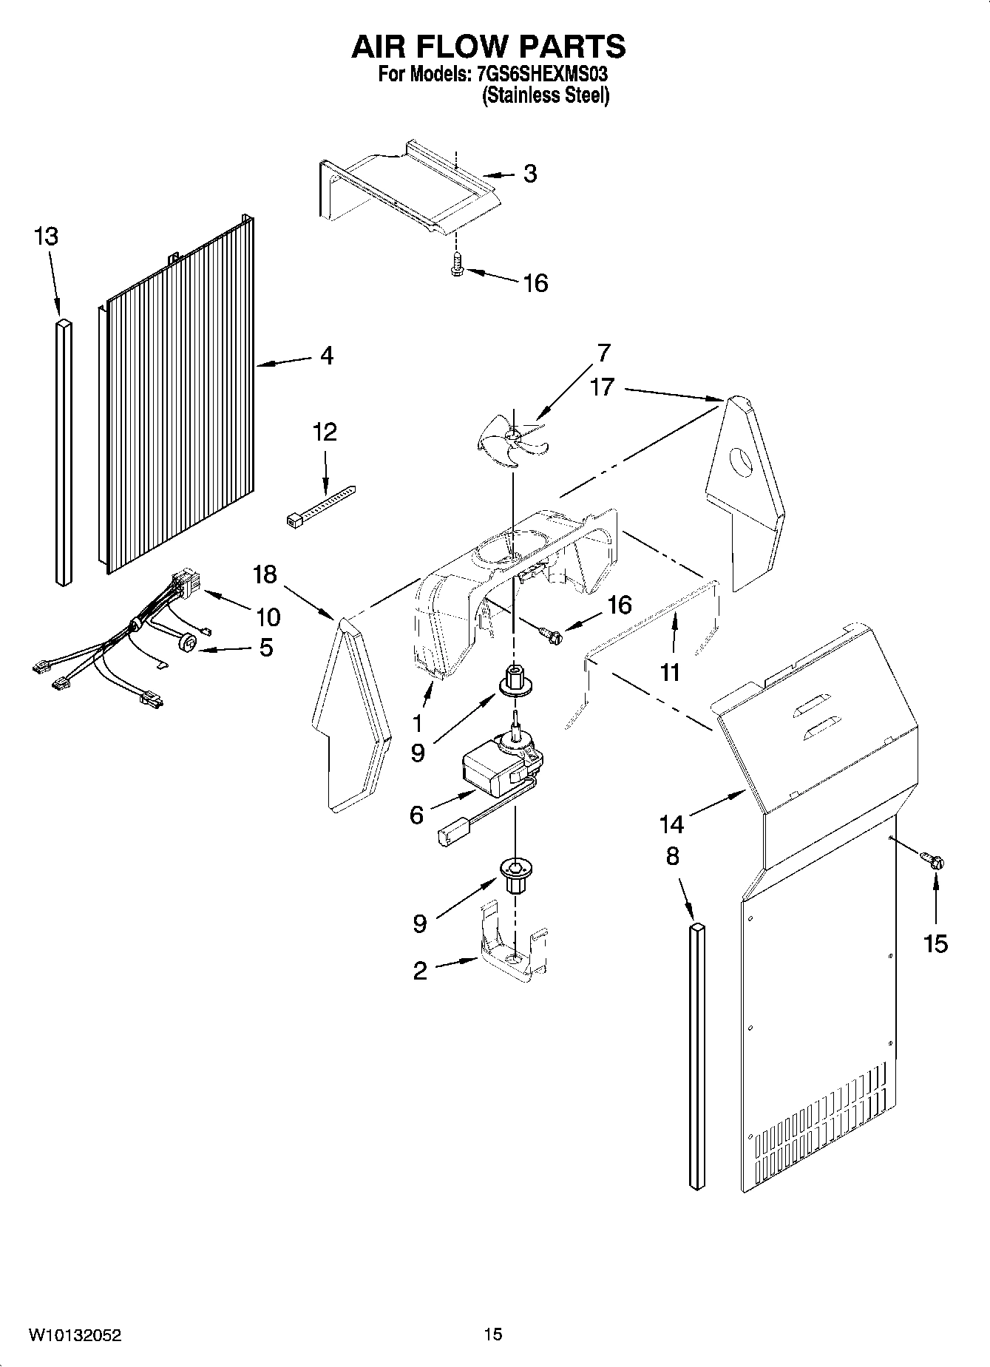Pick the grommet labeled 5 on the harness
[x=189, y=645]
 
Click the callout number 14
[x=671, y=822]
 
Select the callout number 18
[x=265, y=574]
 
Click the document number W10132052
[x=75, y=1335]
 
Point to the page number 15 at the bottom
[x=493, y=1334]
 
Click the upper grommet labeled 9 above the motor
[x=513, y=679]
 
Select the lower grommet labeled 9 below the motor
[x=515, y=874]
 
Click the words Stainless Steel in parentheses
[x=546, y=96]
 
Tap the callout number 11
[x=670, y=671]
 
